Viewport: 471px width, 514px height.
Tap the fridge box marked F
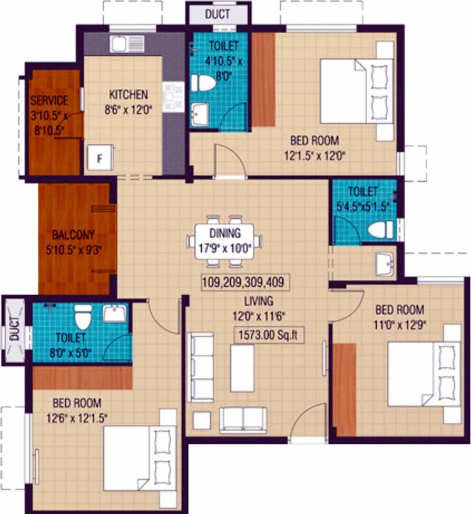click(100, 159)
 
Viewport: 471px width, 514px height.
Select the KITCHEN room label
click(128, 94)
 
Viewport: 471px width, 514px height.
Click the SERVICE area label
click(50, 100)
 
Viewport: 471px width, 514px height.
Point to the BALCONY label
click(74, 235)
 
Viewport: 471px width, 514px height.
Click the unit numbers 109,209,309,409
click(243, 282)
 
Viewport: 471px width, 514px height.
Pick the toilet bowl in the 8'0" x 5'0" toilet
click(83, 317)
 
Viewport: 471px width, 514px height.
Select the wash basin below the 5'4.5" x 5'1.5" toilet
click(385, 264)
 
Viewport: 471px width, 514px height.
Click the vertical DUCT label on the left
click(14, 332)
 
